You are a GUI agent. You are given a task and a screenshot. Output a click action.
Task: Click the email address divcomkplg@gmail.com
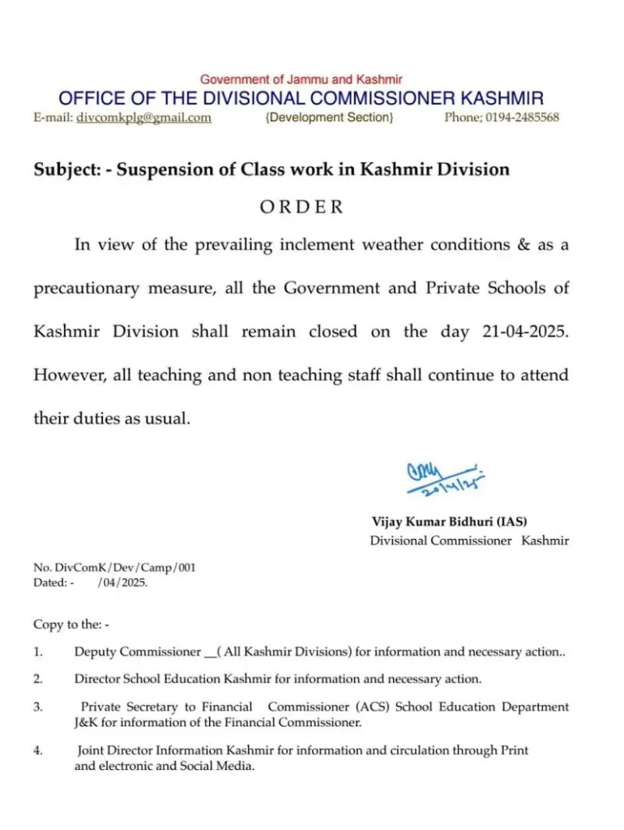(143, 118)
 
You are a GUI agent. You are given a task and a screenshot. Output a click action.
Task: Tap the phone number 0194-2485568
(524, 118)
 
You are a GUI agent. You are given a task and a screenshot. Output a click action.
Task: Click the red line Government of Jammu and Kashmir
(301, 79)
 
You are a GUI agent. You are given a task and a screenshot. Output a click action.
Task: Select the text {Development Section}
(329, 118)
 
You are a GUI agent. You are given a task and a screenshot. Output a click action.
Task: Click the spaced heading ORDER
(301, 207)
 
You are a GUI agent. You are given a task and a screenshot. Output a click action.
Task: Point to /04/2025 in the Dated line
(122, 582)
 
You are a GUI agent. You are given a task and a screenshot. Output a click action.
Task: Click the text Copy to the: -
(71, 624)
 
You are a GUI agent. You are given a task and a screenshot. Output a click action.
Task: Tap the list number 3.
(38, 707)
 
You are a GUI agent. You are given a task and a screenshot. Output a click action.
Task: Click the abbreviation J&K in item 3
(85, 721)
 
